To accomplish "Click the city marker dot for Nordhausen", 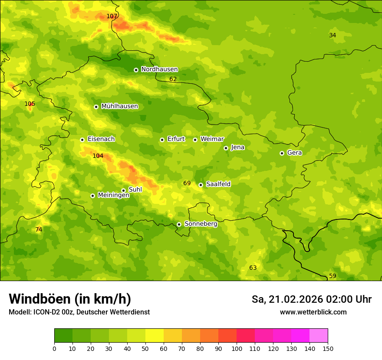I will pos(136,70).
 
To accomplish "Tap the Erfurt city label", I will pos(176,139).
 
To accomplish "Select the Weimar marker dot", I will pos(195,140).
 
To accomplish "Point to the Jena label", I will pos(237,147).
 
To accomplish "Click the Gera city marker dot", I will pos(282,153).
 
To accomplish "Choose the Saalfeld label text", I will pos(218,184).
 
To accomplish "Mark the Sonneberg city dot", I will pos(179,224).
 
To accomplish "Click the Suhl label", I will pos(135,190).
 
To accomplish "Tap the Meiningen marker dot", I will pos(92,196).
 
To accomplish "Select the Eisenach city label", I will pos(101,139).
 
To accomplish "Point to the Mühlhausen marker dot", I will pos(96,107).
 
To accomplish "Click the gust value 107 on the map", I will pos(112,16).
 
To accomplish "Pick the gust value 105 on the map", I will pos(30,104).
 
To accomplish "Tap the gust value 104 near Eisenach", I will pos(98,156).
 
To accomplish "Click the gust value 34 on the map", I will pos(333,36).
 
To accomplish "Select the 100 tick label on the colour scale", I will pos(237,348).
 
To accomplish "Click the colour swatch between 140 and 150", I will pos(319,336).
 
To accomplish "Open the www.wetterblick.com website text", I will pos(313,312).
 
